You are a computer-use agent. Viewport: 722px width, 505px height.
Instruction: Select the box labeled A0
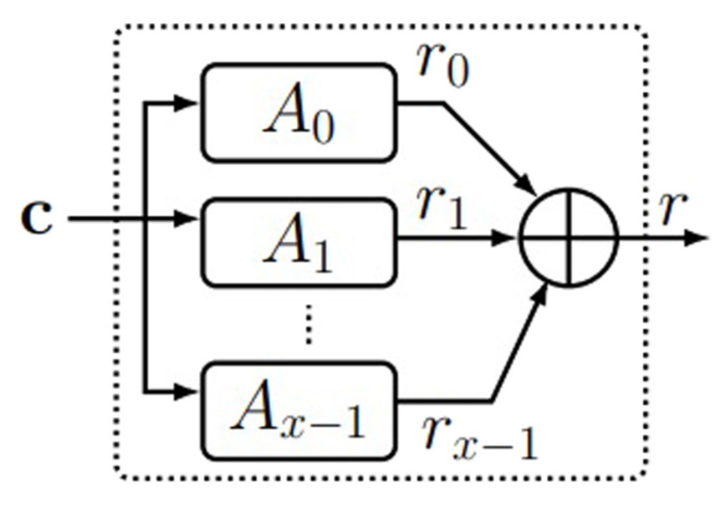[298, 113]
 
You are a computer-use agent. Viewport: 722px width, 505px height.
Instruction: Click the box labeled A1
[298, 242]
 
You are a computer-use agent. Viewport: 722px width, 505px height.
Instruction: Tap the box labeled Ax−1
[298, 411]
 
